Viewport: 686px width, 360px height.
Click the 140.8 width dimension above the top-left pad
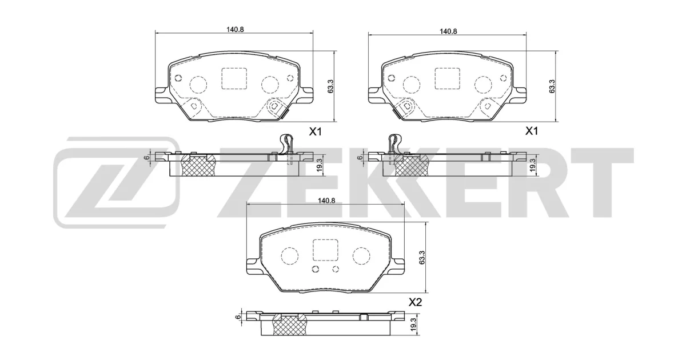click(235, 30)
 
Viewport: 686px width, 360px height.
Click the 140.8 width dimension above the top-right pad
click(448, 31)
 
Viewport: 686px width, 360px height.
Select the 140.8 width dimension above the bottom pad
click(326, 201)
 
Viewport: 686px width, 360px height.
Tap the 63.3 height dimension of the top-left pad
click(330, 87)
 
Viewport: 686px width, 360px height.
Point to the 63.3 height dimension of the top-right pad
click(552, 86)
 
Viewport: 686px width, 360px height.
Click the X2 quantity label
click(415, 302)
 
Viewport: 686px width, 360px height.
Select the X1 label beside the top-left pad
click(315, 132)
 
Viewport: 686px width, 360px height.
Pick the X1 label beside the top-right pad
click(532, 131)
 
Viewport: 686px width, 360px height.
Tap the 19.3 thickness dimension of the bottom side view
click(413, 325)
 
